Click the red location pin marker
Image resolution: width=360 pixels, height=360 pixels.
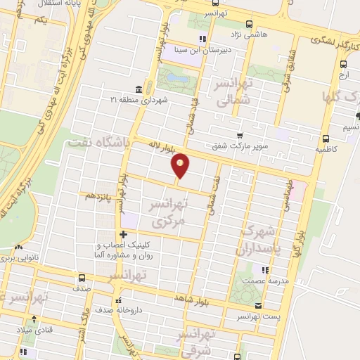click(x=181, y=165)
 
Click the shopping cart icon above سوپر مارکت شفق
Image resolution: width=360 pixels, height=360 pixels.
click(x=240, y=135)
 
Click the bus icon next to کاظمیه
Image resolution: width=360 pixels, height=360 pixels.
click(x=325, y=139)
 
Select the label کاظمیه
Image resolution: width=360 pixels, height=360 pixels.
click(x=326, y=150)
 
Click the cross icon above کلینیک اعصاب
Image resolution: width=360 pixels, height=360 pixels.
click(x=123, y=234)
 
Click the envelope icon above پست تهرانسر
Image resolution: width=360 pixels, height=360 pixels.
click(x=259, y=306)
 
